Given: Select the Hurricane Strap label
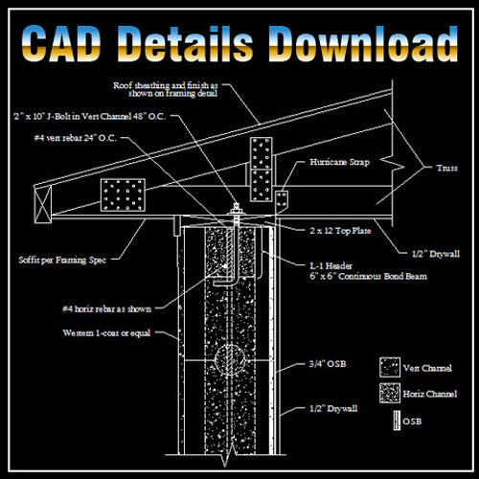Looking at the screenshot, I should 335,164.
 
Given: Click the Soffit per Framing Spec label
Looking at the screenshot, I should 58,259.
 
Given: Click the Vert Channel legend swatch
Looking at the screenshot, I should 390,365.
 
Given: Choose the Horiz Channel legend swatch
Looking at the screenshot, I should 390,392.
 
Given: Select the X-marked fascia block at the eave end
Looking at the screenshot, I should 40,202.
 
